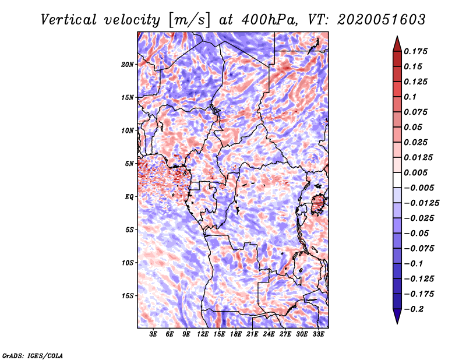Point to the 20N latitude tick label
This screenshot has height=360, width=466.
coord(128,64)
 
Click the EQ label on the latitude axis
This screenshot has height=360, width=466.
coord(129,197)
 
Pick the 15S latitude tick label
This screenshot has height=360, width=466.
coord(128,296)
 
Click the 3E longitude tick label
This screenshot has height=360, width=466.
coord(154,335)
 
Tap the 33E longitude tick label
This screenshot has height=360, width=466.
coord(319,335)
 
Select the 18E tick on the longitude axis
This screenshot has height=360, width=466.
coord(236,335)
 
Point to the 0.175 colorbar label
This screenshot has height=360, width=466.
coord(416,52)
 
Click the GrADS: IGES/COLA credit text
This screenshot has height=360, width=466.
coord(32,355)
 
